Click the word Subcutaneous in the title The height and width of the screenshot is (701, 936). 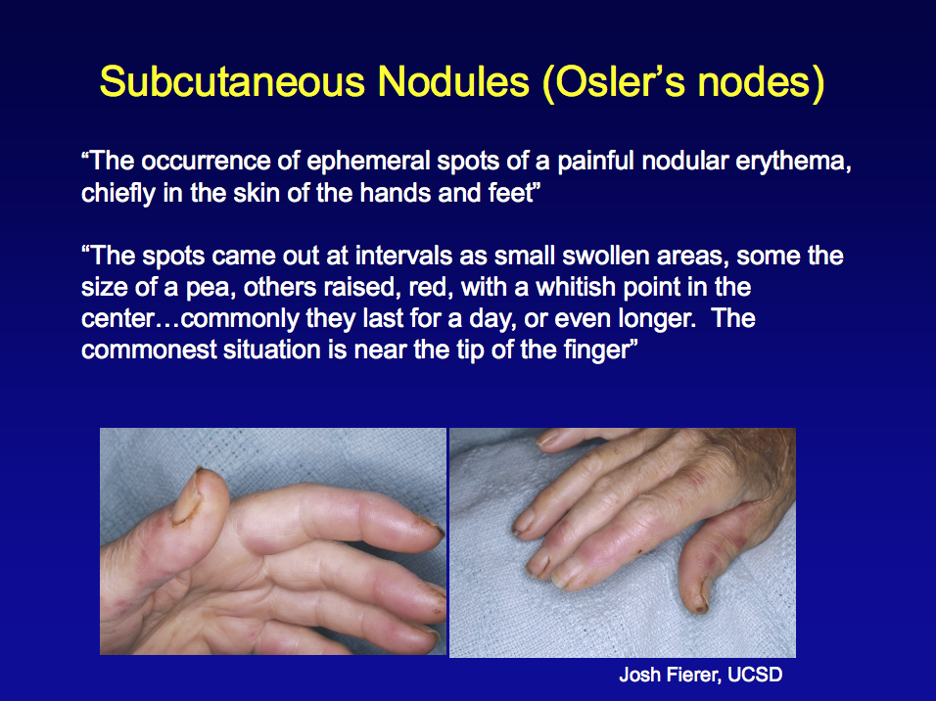(232, 81)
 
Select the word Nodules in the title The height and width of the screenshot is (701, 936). (453, 81)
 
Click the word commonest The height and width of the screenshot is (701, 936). (149, 350)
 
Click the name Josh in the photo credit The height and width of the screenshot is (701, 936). (640, 675)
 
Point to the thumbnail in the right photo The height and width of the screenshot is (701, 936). (700, 594)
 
